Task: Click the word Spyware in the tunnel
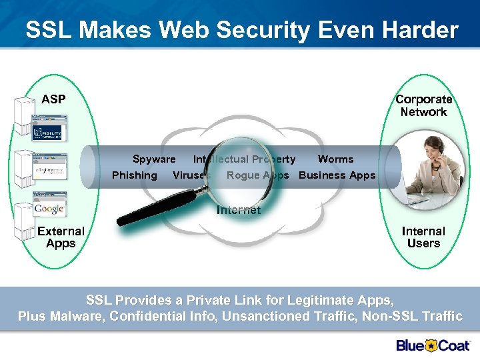coord(154,159)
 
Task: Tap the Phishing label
coord(135,175)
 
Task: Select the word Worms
coord(335,159)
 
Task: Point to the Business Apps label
coord(337,175)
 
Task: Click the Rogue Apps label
coord(258,175)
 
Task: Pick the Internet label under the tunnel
coord(239,210)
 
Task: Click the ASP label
coord(53,99)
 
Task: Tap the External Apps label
coord(61,237)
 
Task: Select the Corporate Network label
coord(423,105)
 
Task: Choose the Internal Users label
coord(423,237)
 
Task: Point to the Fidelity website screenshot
coord(49,131)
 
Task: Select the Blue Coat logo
coord(433,345)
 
